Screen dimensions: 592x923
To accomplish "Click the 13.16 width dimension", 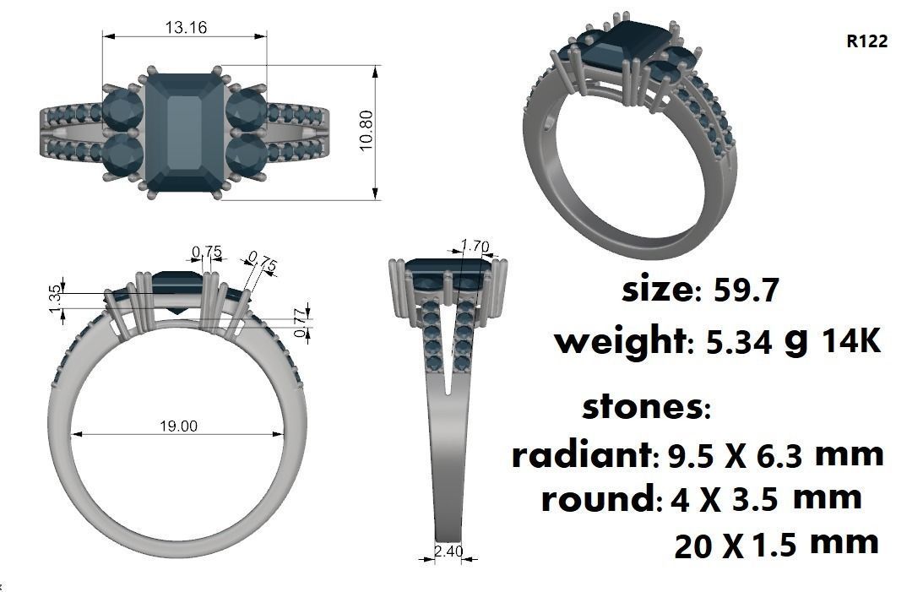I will point(185,27).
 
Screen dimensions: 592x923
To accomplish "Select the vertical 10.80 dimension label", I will point(366,131).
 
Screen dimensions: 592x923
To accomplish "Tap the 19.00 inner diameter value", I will point(177,426).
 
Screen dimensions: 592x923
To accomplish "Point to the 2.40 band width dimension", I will point(447,551).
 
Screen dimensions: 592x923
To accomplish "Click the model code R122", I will point(866,41).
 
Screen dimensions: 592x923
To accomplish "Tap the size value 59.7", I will point(745,291).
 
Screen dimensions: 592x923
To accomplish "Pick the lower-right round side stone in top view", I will point(247,155).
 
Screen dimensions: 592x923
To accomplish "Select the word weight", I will point(619,342).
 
